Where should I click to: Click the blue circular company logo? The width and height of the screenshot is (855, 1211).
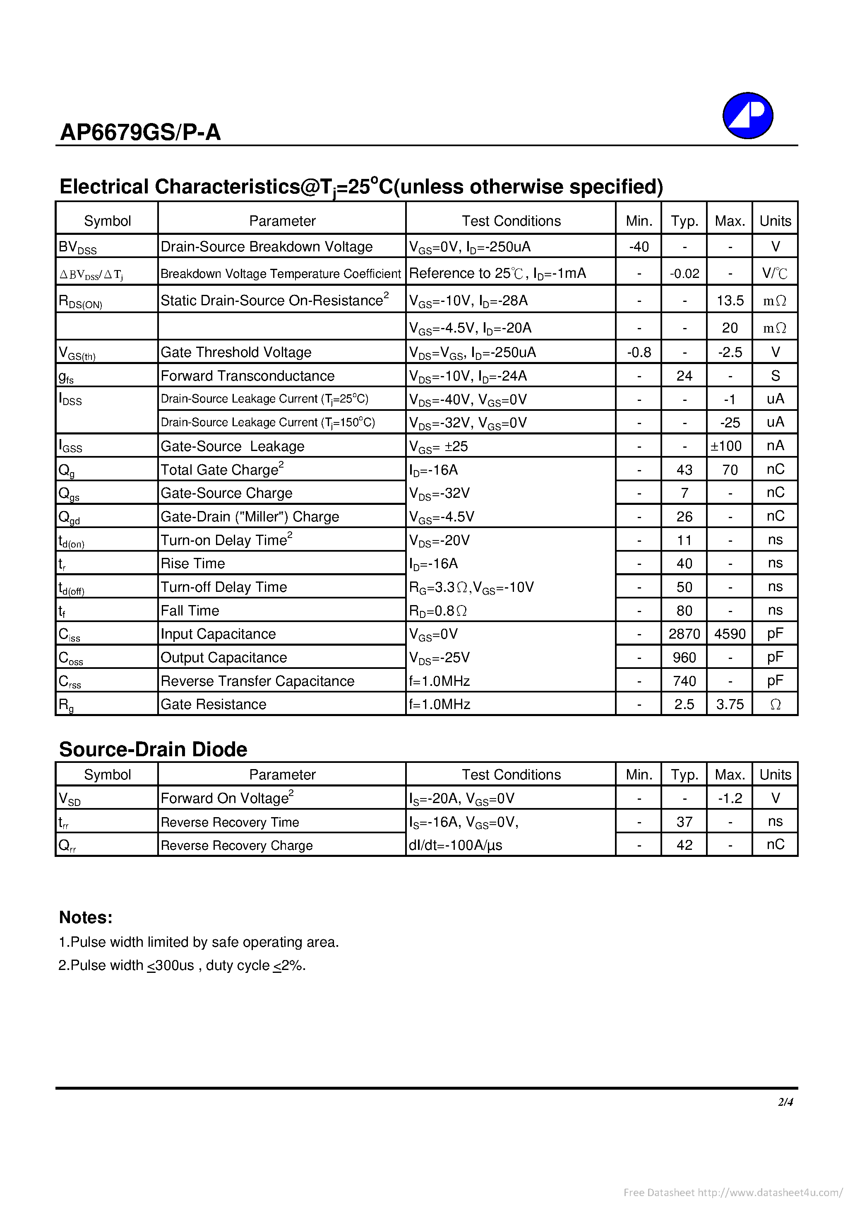point(747,116)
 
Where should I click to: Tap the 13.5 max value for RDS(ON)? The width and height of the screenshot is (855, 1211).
point(730,300)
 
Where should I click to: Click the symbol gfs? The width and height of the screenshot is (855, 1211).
point(66,376)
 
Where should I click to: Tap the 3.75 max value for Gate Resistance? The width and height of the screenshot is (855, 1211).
point(730,704)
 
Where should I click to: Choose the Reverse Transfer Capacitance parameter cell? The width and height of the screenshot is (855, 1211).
point(257,681)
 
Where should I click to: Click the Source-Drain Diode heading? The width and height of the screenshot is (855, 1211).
point(153,749)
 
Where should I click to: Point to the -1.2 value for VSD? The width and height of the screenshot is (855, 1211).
point(730,798)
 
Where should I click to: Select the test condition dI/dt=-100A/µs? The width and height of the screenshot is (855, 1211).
point(456,845)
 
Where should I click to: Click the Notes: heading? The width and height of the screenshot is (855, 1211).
point(85,917)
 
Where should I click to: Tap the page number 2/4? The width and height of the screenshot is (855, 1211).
point(785,1101)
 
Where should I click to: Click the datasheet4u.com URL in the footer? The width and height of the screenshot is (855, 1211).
point(770,1192)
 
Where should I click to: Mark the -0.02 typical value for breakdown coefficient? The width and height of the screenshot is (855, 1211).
point(684,273)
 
